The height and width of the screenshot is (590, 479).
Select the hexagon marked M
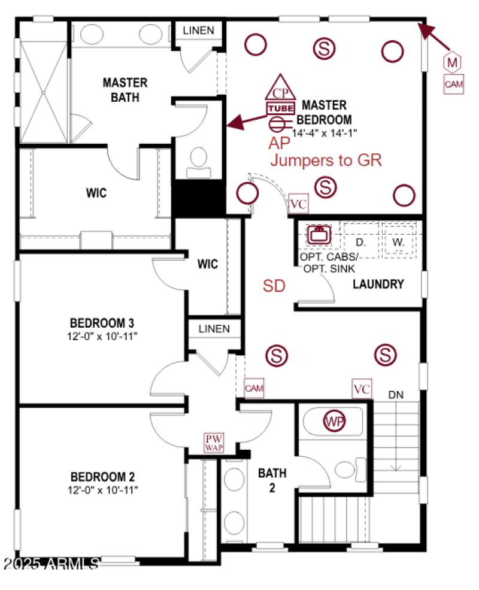pos(453,61)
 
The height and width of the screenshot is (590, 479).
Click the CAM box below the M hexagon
pos(453,84)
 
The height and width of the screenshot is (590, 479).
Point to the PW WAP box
pos(214,443)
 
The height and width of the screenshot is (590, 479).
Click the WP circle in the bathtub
pos(334,421)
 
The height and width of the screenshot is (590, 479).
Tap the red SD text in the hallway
pos(274,286)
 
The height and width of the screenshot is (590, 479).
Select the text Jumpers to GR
pos(326,160)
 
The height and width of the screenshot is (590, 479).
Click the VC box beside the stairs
pos(362,389)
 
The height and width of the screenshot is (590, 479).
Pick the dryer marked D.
pos(360,242)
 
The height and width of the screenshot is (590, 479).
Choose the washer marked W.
pos(398,242)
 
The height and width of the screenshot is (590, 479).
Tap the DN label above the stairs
pos(396,395)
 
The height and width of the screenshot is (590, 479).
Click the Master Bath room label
pos(125,89)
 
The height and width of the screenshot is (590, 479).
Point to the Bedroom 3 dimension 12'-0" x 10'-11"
pos(102,336)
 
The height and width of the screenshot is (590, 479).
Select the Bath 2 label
pos(272,480)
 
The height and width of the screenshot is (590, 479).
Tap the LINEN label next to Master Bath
pos(198,30)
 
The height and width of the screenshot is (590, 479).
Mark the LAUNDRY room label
pos(378,284)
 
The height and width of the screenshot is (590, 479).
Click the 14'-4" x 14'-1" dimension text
pos(325,133)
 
